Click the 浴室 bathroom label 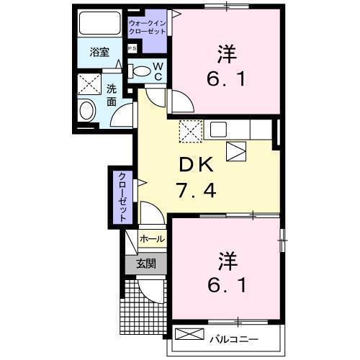pyautogui.click(x=99, y=52)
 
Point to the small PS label pyautogui.click(x=132, y=49)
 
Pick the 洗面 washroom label pyautogui.click(x=112, y=96)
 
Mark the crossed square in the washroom pyautogui.click(x=91, y=84)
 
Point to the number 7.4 pyautogui.click(x=196, y=191)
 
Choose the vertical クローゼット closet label pyautogui.click(x=123, y=196)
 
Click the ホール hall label pyautogui.click(x=152, y=238)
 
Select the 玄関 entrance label pyautogui.click(x=145, y=264)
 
